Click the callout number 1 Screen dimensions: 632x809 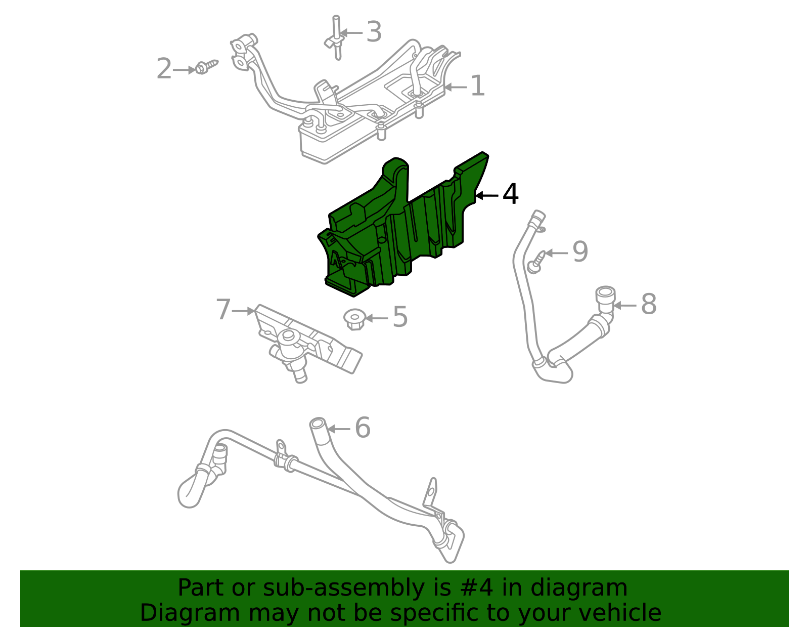477,87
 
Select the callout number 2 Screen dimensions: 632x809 164,69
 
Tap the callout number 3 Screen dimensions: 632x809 374,32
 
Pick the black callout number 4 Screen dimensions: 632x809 510,195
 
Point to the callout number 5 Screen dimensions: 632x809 400,318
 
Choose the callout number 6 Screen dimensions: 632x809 363,428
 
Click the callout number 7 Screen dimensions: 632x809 223,310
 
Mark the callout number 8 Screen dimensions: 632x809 649,305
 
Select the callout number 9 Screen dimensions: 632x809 580,252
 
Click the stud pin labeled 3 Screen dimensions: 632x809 336,38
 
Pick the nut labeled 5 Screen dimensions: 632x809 354,319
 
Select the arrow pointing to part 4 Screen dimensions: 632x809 486,195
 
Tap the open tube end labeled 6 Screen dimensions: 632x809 318,423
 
